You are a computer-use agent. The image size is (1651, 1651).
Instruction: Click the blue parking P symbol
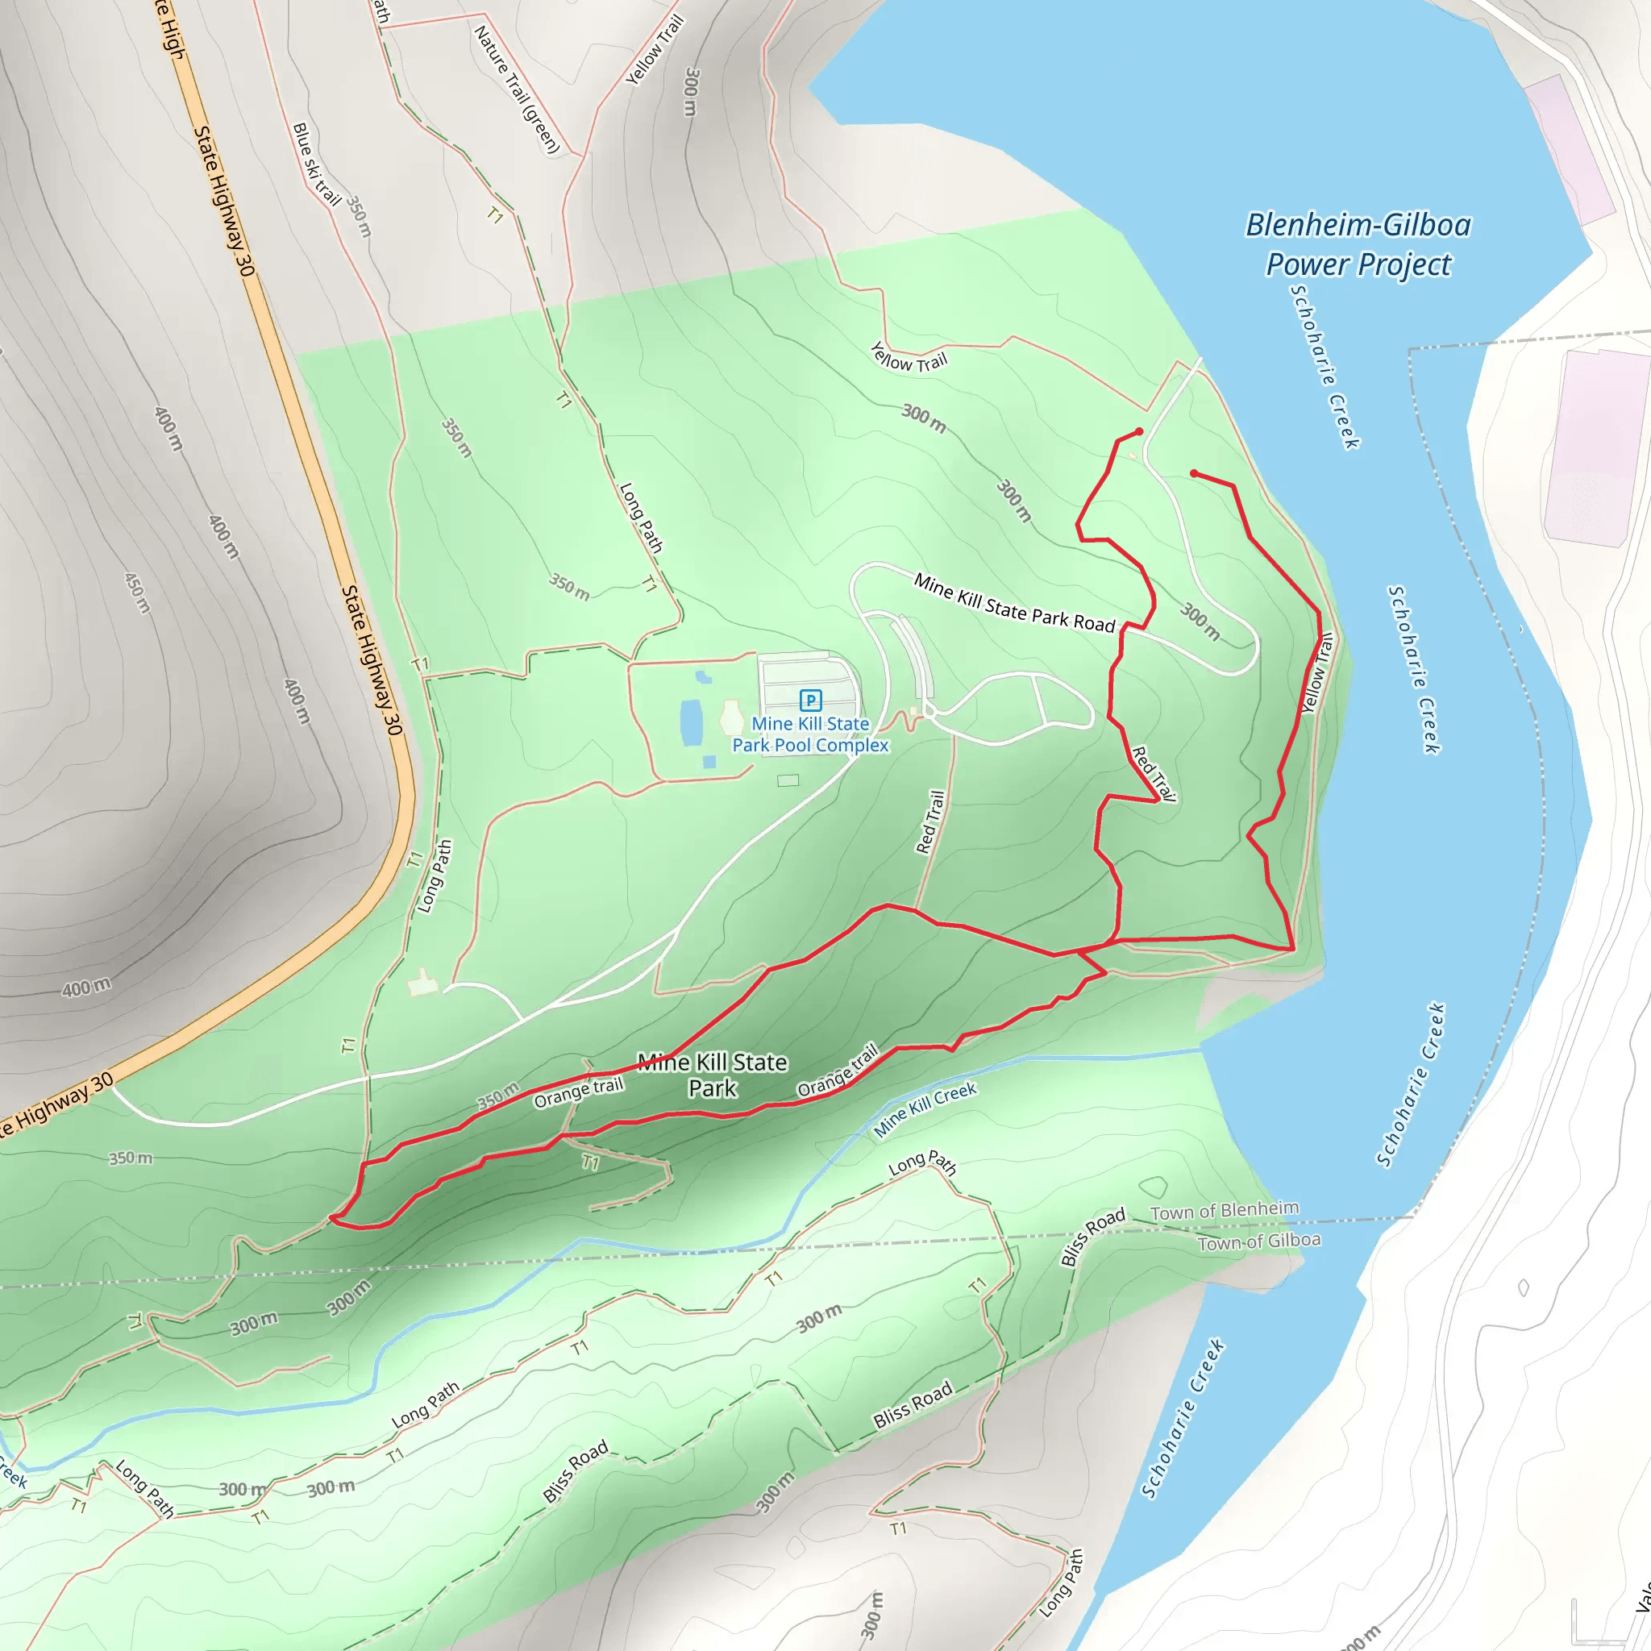(x=810, y=701)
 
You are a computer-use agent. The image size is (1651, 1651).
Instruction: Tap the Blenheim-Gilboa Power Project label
(x=1358, y=245)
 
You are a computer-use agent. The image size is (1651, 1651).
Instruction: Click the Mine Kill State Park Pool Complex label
(x=810, y=735)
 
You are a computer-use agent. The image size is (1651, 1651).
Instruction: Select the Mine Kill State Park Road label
(x=1014, y=604)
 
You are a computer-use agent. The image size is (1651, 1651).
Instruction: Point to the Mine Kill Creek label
(x=925, y=1110)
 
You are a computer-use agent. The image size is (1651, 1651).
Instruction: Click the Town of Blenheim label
(x=1224, y=1211)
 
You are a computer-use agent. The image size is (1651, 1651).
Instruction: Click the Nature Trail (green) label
(x=516, y=89)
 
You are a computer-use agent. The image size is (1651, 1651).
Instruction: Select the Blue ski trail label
(x=316, y=164)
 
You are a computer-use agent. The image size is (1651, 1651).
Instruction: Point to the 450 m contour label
(x=138, y=593)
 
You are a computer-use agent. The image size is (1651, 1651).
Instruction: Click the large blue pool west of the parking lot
(x=692, y=722)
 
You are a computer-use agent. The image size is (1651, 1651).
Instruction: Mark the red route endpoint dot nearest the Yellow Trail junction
(x=1139, y=431)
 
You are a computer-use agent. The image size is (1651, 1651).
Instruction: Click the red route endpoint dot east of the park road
(x=1194, y=473)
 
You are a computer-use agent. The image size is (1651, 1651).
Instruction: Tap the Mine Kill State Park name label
(x=712, y=1075)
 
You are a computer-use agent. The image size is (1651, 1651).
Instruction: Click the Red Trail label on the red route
(x=1154, y=774)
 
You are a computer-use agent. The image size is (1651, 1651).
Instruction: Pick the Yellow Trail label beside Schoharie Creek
(x=1317, y=673)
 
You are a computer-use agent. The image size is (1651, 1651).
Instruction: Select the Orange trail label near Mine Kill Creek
(x=838, y=1071)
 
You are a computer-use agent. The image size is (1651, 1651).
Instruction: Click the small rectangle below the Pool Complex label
(x=788, y=780)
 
